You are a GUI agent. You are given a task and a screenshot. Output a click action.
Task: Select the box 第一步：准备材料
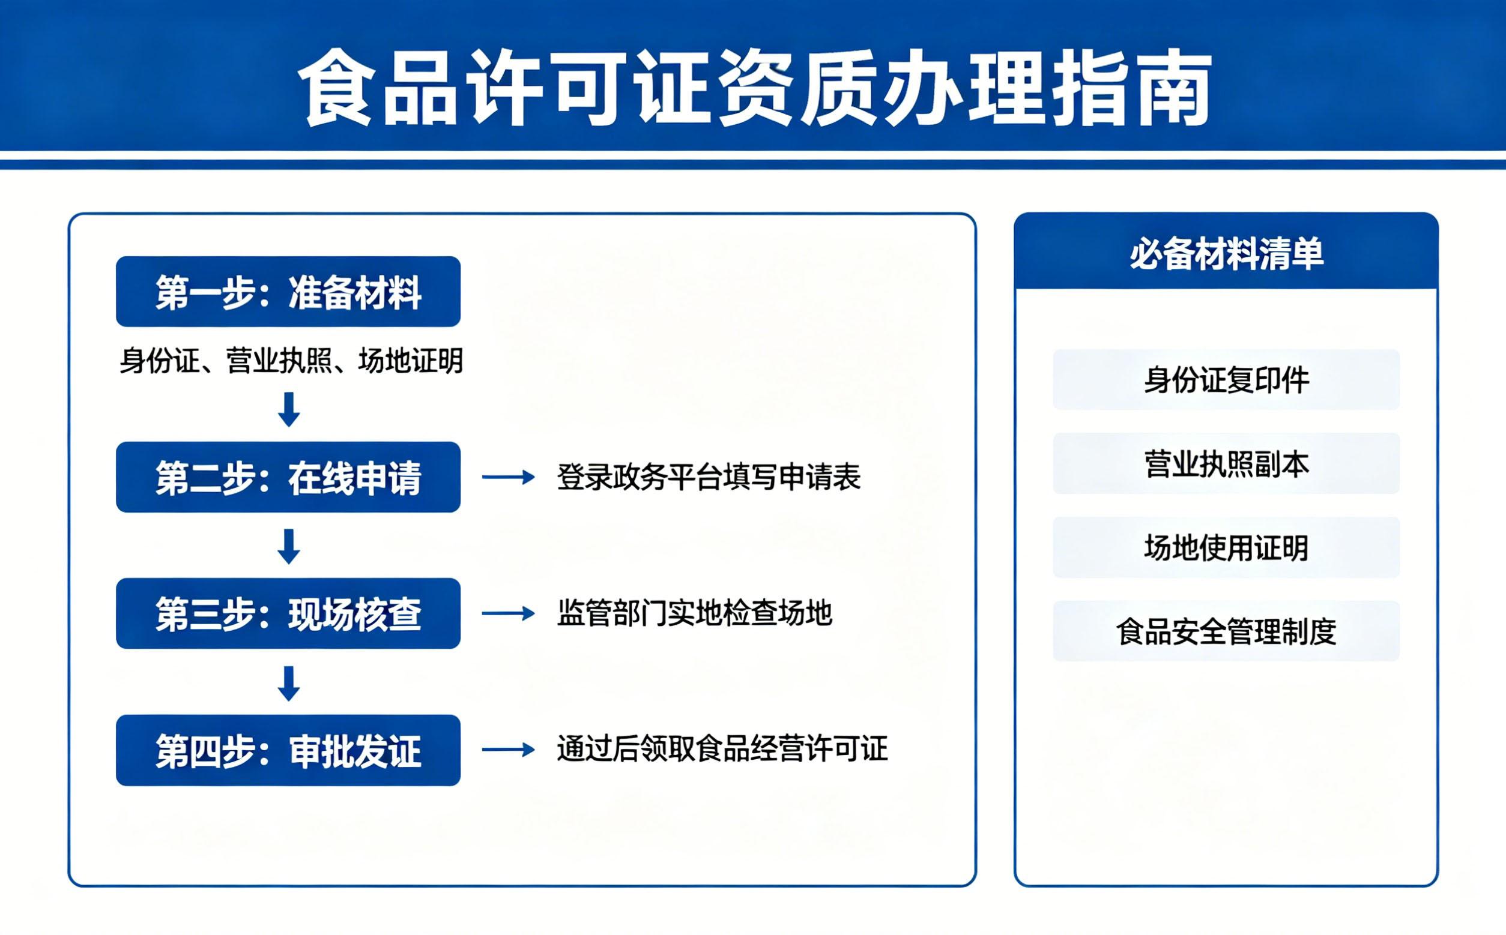pyautogui.click(x=288, y=292)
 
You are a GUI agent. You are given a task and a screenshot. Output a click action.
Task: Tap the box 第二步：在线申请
pyautogui.click(x=288, y=477)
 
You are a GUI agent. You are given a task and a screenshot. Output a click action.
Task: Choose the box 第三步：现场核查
pyautogui.click(x=288, y=613)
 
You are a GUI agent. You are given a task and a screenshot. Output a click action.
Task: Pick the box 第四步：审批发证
pyautogui.click(x=288, y=751)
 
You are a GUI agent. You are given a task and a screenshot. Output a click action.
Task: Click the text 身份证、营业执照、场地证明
pyautogui.click(x=291, y=361)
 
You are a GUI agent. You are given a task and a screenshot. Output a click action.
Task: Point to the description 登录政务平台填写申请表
pyautogui.click(x=709, y=477)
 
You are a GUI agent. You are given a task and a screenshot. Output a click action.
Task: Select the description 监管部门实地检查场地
pyautogui.click(x=695, y=613)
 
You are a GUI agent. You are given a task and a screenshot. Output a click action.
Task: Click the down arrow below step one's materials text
pyautogui.click(x=289, y=409)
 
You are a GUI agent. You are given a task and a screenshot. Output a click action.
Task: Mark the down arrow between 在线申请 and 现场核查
pyautogui.click(x=289, y=547)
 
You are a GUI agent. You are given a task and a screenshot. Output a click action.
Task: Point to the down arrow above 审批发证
pyautogui.click(x=289, y=684)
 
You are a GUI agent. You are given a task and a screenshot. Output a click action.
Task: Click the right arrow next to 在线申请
pyautogui.click(x=509, y=477)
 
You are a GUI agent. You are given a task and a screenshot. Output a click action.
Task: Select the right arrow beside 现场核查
pyautogui.click(x=509, y=613)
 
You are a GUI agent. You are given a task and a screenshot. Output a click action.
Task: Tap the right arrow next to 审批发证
pyautogui.click(x=509, y=750)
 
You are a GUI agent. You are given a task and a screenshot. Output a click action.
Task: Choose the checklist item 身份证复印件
pyautogui.click(x=1226, y=380)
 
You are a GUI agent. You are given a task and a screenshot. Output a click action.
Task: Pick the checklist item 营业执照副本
pyautogui.click(x=1226, y=464)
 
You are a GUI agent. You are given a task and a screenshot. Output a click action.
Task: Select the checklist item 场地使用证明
pyautogui.click(x=1226, y=547)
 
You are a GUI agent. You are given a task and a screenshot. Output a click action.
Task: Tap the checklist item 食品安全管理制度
pyautogui.click(x=1226, y=631)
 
